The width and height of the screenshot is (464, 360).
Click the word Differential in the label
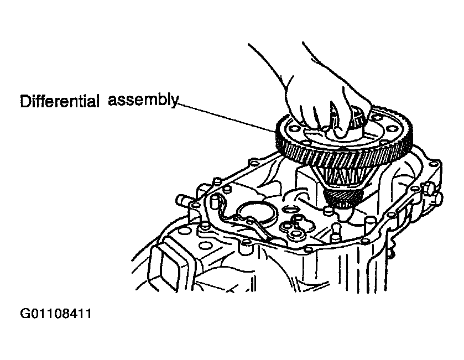pyautogui.click(x=59, y=101)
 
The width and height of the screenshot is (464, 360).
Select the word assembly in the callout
pyautogui.click(x=143, y=100)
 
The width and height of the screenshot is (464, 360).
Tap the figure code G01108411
pyautogui.click(x=56, y=314)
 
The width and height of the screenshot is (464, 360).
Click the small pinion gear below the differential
pyautogui.click(x=343, y=198)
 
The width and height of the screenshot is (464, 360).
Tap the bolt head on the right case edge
pyautogui.click(x=432, y=192)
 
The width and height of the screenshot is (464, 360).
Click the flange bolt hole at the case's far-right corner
pyautogui.click(x=434, y=164)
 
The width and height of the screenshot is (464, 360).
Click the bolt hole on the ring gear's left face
pyautogui.click(x=294, y=129)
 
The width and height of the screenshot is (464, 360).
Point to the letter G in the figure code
pyautogui.click(x=24, y=314)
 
